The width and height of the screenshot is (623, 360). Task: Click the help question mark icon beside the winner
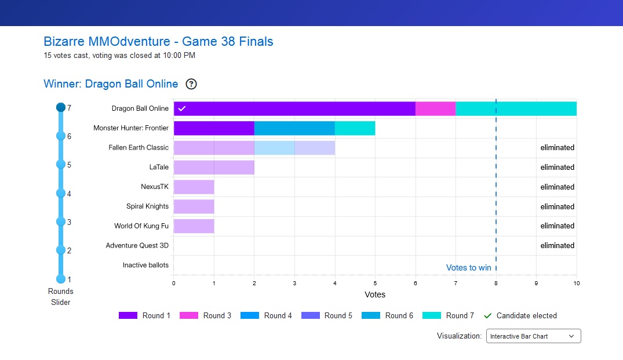point(191,84)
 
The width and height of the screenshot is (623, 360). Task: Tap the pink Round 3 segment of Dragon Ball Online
point(435,108)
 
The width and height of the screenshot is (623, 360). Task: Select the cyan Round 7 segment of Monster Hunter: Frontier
point(355,128)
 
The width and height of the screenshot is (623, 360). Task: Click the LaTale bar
point(214,168)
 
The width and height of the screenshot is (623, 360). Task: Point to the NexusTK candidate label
point(155,187)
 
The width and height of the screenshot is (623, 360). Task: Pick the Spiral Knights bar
point(194,206)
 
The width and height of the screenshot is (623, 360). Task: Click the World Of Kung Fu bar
point(194,226)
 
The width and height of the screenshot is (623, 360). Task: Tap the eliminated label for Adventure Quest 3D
point(557,246)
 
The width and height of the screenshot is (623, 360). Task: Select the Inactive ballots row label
point(145,265)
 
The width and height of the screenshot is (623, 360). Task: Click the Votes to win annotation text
point(468,268)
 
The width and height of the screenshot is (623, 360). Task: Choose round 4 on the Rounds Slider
point(61,193)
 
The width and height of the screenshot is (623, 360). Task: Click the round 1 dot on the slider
point(61,279)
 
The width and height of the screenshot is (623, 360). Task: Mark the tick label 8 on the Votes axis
point(496,283)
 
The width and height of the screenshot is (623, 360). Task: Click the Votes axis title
point(375,294)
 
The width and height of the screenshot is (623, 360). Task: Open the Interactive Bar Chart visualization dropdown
point(533,336)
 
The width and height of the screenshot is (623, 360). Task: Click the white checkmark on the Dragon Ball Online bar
point(181,108)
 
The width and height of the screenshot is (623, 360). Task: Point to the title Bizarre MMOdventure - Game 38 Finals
point(158,42)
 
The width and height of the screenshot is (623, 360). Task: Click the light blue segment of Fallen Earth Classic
point(274,148)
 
